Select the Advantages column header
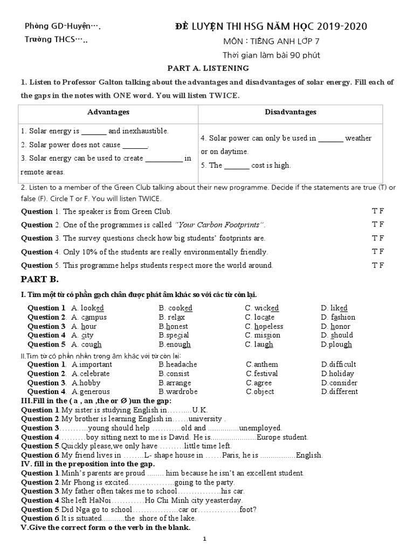click(x=108, y=112)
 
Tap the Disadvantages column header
click(x=291, y=112)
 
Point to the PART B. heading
click(x=39, y=280)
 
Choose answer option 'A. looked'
click(x=87, y=308)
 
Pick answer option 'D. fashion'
click(x=338, y=318)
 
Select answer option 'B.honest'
click(x=174, y=327)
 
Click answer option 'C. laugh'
click(x=259, y=344)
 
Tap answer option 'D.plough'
click(x=336, y=344)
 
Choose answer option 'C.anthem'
click(x=262, y=364)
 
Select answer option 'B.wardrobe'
click(x=178, y=392)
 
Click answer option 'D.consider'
click(x=339, y=383)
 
